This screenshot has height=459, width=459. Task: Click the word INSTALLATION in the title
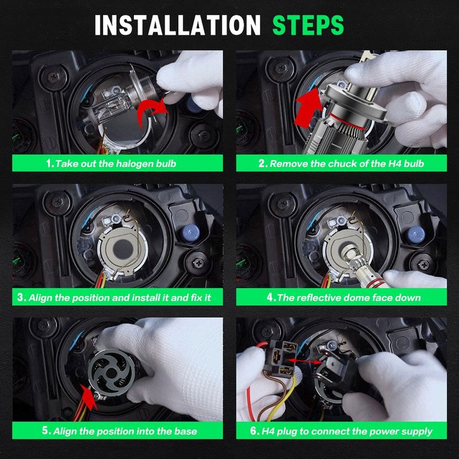click(178, 25)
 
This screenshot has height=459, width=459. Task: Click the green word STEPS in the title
click(309, 25)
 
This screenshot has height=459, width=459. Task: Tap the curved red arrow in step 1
click(152, 112)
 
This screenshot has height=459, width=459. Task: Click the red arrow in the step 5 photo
click(89, 397)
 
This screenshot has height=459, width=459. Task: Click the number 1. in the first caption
click(50, 163)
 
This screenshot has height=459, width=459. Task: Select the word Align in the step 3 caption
click(40, 298)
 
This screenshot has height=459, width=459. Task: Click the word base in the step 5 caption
click(185, 431)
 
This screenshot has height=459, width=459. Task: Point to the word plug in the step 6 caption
click(287, 431)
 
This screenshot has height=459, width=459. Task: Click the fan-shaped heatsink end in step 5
click(111, 372)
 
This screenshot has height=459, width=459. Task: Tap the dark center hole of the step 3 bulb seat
click(123, 249)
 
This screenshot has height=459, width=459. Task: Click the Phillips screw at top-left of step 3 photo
click(58, 202)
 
